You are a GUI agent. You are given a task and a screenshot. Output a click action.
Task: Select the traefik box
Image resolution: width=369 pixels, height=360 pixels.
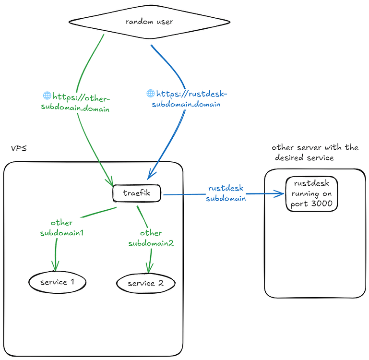coord(137,194)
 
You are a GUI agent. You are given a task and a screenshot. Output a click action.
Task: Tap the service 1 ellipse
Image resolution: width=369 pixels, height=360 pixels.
coord(57,282)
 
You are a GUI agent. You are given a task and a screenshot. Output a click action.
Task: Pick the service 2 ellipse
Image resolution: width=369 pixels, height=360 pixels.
coord(145,283)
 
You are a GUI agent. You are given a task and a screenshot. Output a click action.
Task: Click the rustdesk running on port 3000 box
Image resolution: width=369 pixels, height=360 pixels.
coord(311,193)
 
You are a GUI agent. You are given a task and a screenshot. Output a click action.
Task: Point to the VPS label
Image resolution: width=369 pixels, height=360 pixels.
coord(19,148)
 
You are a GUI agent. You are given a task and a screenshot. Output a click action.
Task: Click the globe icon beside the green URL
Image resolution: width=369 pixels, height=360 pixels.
coord(47,96)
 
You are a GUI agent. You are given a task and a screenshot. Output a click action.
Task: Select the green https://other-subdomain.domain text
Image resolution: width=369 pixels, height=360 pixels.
coord(77,102)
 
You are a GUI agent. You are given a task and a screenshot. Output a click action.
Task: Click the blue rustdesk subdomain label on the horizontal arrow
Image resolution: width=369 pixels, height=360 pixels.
coord(226,193)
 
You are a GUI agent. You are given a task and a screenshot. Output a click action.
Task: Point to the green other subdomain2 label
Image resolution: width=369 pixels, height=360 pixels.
coord(151,238)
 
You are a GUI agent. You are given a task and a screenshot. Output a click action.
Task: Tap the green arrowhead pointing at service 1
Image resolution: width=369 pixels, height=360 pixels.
coord(56,267)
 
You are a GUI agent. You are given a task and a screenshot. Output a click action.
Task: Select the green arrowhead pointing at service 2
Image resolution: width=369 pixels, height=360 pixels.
coord(149,269)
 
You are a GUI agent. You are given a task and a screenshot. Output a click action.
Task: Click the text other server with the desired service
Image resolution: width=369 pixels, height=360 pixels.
coord(314,152)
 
